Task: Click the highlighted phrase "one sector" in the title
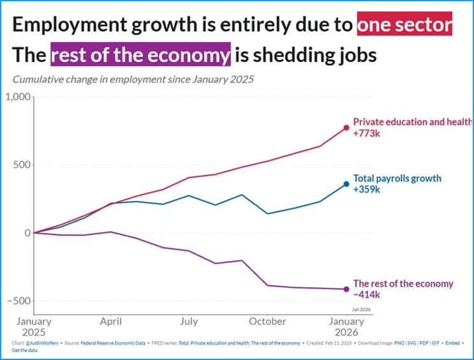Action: pos(404,25)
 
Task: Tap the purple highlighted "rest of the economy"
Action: pos(140,56)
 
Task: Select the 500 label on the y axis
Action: pos(22,165)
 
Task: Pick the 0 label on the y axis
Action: pos(27,233)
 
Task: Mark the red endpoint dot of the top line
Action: pos(346,128)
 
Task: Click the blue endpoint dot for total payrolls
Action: pos(346,184)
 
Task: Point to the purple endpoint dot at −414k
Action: pos(346,289)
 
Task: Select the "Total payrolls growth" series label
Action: pos(397,178)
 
